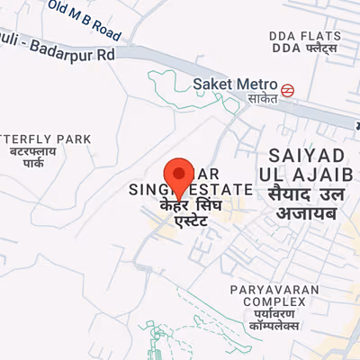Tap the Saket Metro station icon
(286, 88)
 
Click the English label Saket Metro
(235, 85)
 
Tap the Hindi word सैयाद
(289, 193)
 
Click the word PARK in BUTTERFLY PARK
(77, 139)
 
